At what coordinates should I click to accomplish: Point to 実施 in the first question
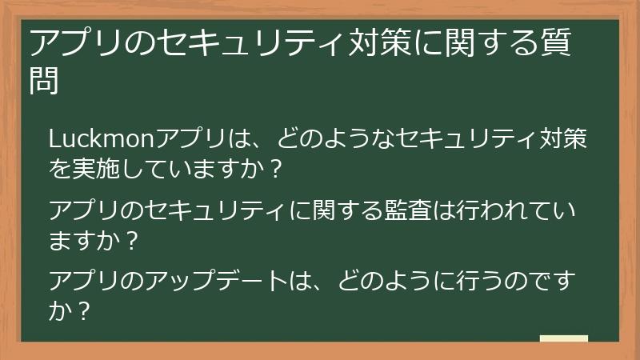tap(100, 169)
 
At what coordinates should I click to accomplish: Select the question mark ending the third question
tap(79, 310)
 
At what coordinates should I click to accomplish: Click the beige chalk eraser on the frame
tap(563, 339)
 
